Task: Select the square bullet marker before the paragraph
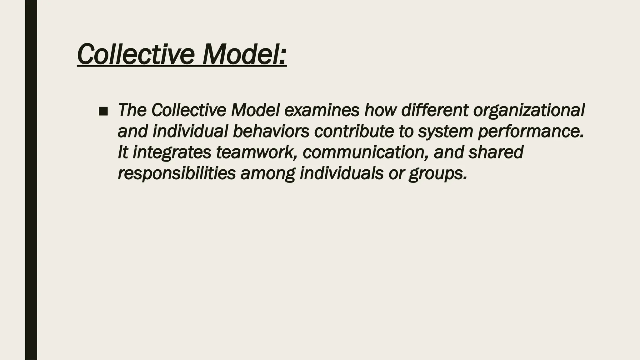click(x=103, y=111)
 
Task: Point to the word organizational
click(x=528, y=110)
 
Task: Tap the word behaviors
click(x=271, y=131)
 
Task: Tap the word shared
click(x=496, y=152)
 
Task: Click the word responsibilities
click(x=177, y=173)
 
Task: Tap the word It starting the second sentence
click(x=123, y=152)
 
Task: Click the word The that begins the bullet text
click(x=132, y=110)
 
